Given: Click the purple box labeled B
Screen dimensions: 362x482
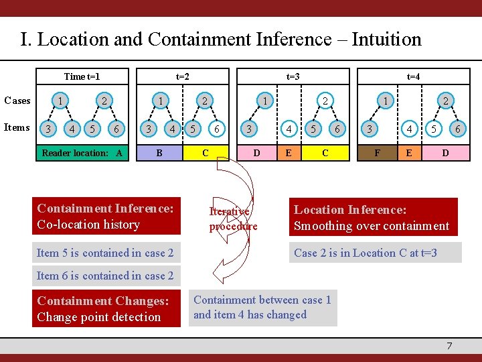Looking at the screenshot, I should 159,152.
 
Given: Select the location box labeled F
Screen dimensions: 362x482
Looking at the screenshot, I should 377,152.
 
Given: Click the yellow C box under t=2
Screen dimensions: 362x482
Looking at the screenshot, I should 206,152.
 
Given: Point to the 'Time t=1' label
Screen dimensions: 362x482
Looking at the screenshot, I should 86,76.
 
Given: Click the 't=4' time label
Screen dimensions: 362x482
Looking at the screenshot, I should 414,76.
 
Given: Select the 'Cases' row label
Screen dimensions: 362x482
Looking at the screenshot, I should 17,101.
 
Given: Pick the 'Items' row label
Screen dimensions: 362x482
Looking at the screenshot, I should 17,127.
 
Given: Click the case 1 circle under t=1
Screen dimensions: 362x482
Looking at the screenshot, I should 61,101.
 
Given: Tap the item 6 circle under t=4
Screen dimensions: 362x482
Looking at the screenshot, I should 458,127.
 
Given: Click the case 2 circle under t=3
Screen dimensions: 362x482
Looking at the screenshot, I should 325,101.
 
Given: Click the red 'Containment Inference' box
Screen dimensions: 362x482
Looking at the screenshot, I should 106,217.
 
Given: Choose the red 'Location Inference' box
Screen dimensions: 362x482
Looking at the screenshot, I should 373,217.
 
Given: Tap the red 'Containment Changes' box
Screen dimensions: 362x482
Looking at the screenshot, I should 106,309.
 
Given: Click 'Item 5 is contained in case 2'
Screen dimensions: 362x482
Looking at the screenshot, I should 106,253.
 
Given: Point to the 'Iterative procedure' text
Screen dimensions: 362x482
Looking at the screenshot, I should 232,219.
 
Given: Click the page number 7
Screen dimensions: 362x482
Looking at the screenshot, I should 449,345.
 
